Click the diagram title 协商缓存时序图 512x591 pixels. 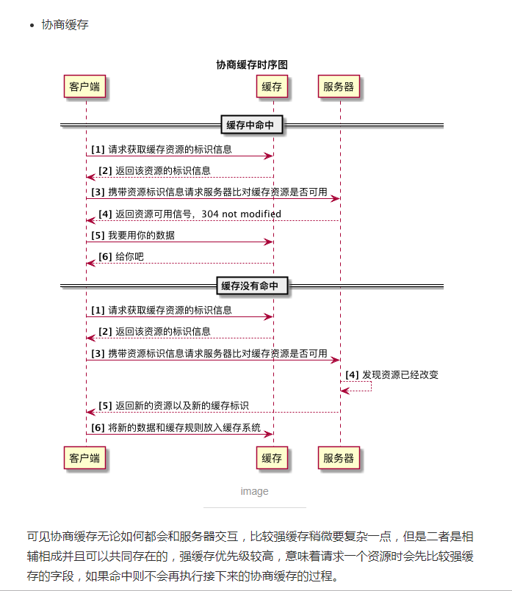pyautogui.click(x=251, y=65)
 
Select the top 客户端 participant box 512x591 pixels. pyautogui.click(x=85, y=87)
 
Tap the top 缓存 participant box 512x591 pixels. pyautogui.click(x=272, y=87)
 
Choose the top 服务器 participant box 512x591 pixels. pyautogui.click(x=339, y=87)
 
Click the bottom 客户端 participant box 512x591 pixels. pyautogui.click(x=85, y=458)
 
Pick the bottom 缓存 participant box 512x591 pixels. pyautogui.click(x=272, y=458)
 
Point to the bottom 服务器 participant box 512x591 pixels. pyautogui.click(x=339, y=458)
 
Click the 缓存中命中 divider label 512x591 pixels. pyautogui.click(x=250, y=126)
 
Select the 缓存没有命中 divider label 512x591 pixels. pyautogui.click(x=250, y=286)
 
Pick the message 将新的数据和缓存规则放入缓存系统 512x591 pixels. pyautogui.click(x=184, y=427)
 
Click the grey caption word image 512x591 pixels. pyautogui.click(x=254, y=491)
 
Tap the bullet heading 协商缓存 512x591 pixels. pyautogui.click(x=65, y=25)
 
